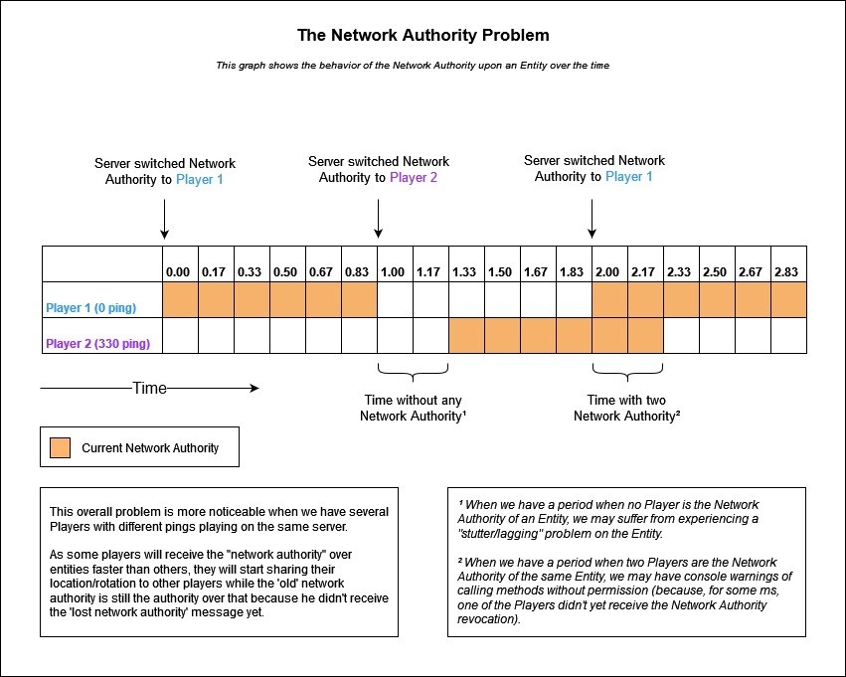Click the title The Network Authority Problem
[423, 35]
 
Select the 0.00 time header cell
[180, 264]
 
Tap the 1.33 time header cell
[466, 264]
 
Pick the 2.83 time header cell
[788, 264]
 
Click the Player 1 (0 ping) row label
[91, 308]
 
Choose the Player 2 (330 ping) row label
[97, 344]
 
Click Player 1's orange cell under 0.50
[287, 299]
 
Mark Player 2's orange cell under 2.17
[646, 336]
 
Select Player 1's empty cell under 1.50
[502, 299]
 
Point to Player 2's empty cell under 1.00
[395, 336]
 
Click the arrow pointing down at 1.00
[378, 219]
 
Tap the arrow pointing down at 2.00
[592, 219]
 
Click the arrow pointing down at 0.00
[165, 219]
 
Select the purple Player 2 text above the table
[414, 178]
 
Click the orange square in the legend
[60, 447]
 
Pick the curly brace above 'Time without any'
[413, 372]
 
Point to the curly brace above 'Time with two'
[627, 372]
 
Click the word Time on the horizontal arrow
[149, 388]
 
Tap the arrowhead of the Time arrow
[254, 388]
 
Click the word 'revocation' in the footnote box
[488, 619]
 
